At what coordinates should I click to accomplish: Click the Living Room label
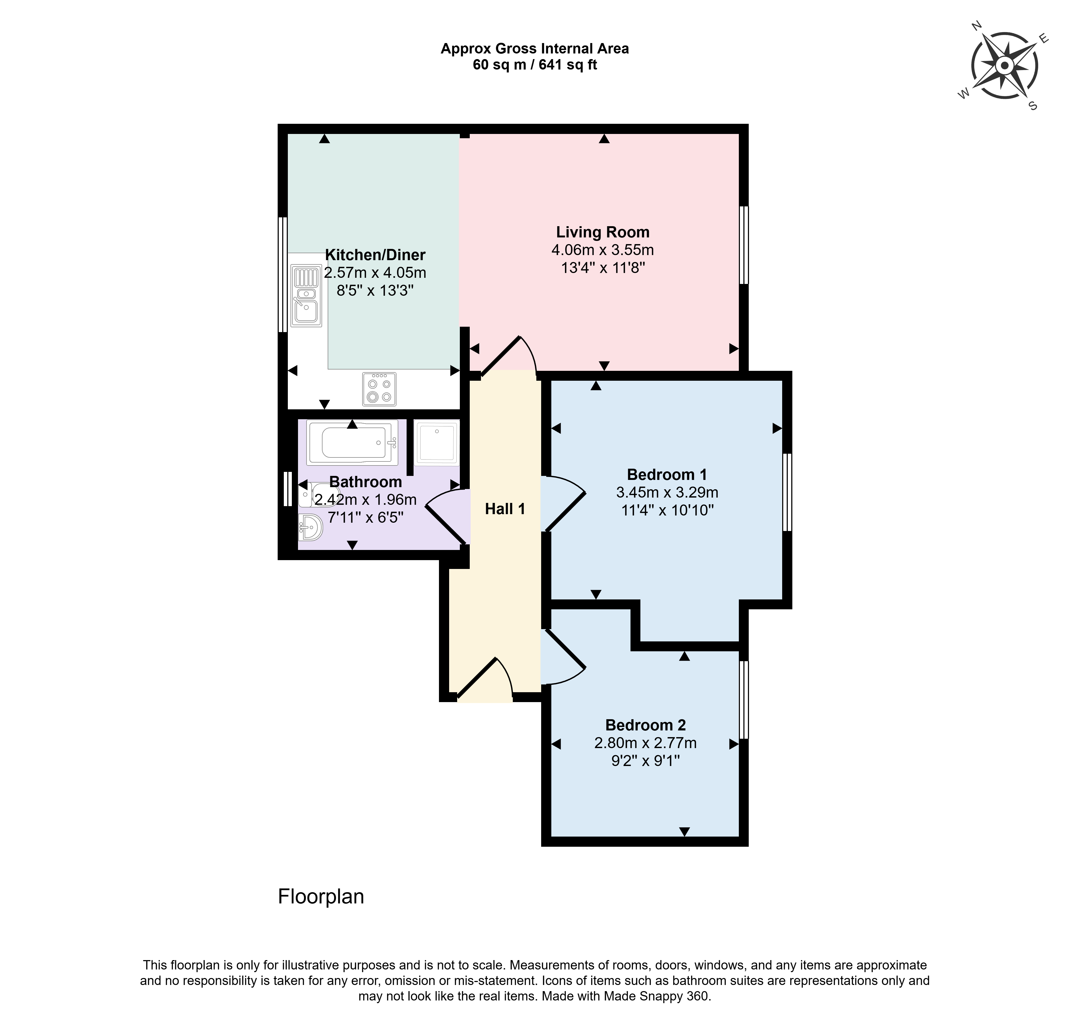(603, 232)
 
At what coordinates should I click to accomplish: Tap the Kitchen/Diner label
(375, 255)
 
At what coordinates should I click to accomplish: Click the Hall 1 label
(505, 509)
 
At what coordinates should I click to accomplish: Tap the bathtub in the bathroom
(352, 442)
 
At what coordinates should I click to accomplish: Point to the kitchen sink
(306, 295)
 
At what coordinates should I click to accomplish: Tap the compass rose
(1004, 66)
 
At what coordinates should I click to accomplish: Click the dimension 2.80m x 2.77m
(646, 743)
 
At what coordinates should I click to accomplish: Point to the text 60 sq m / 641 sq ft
(535, 65)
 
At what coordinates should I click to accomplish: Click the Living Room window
(744, 245)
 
